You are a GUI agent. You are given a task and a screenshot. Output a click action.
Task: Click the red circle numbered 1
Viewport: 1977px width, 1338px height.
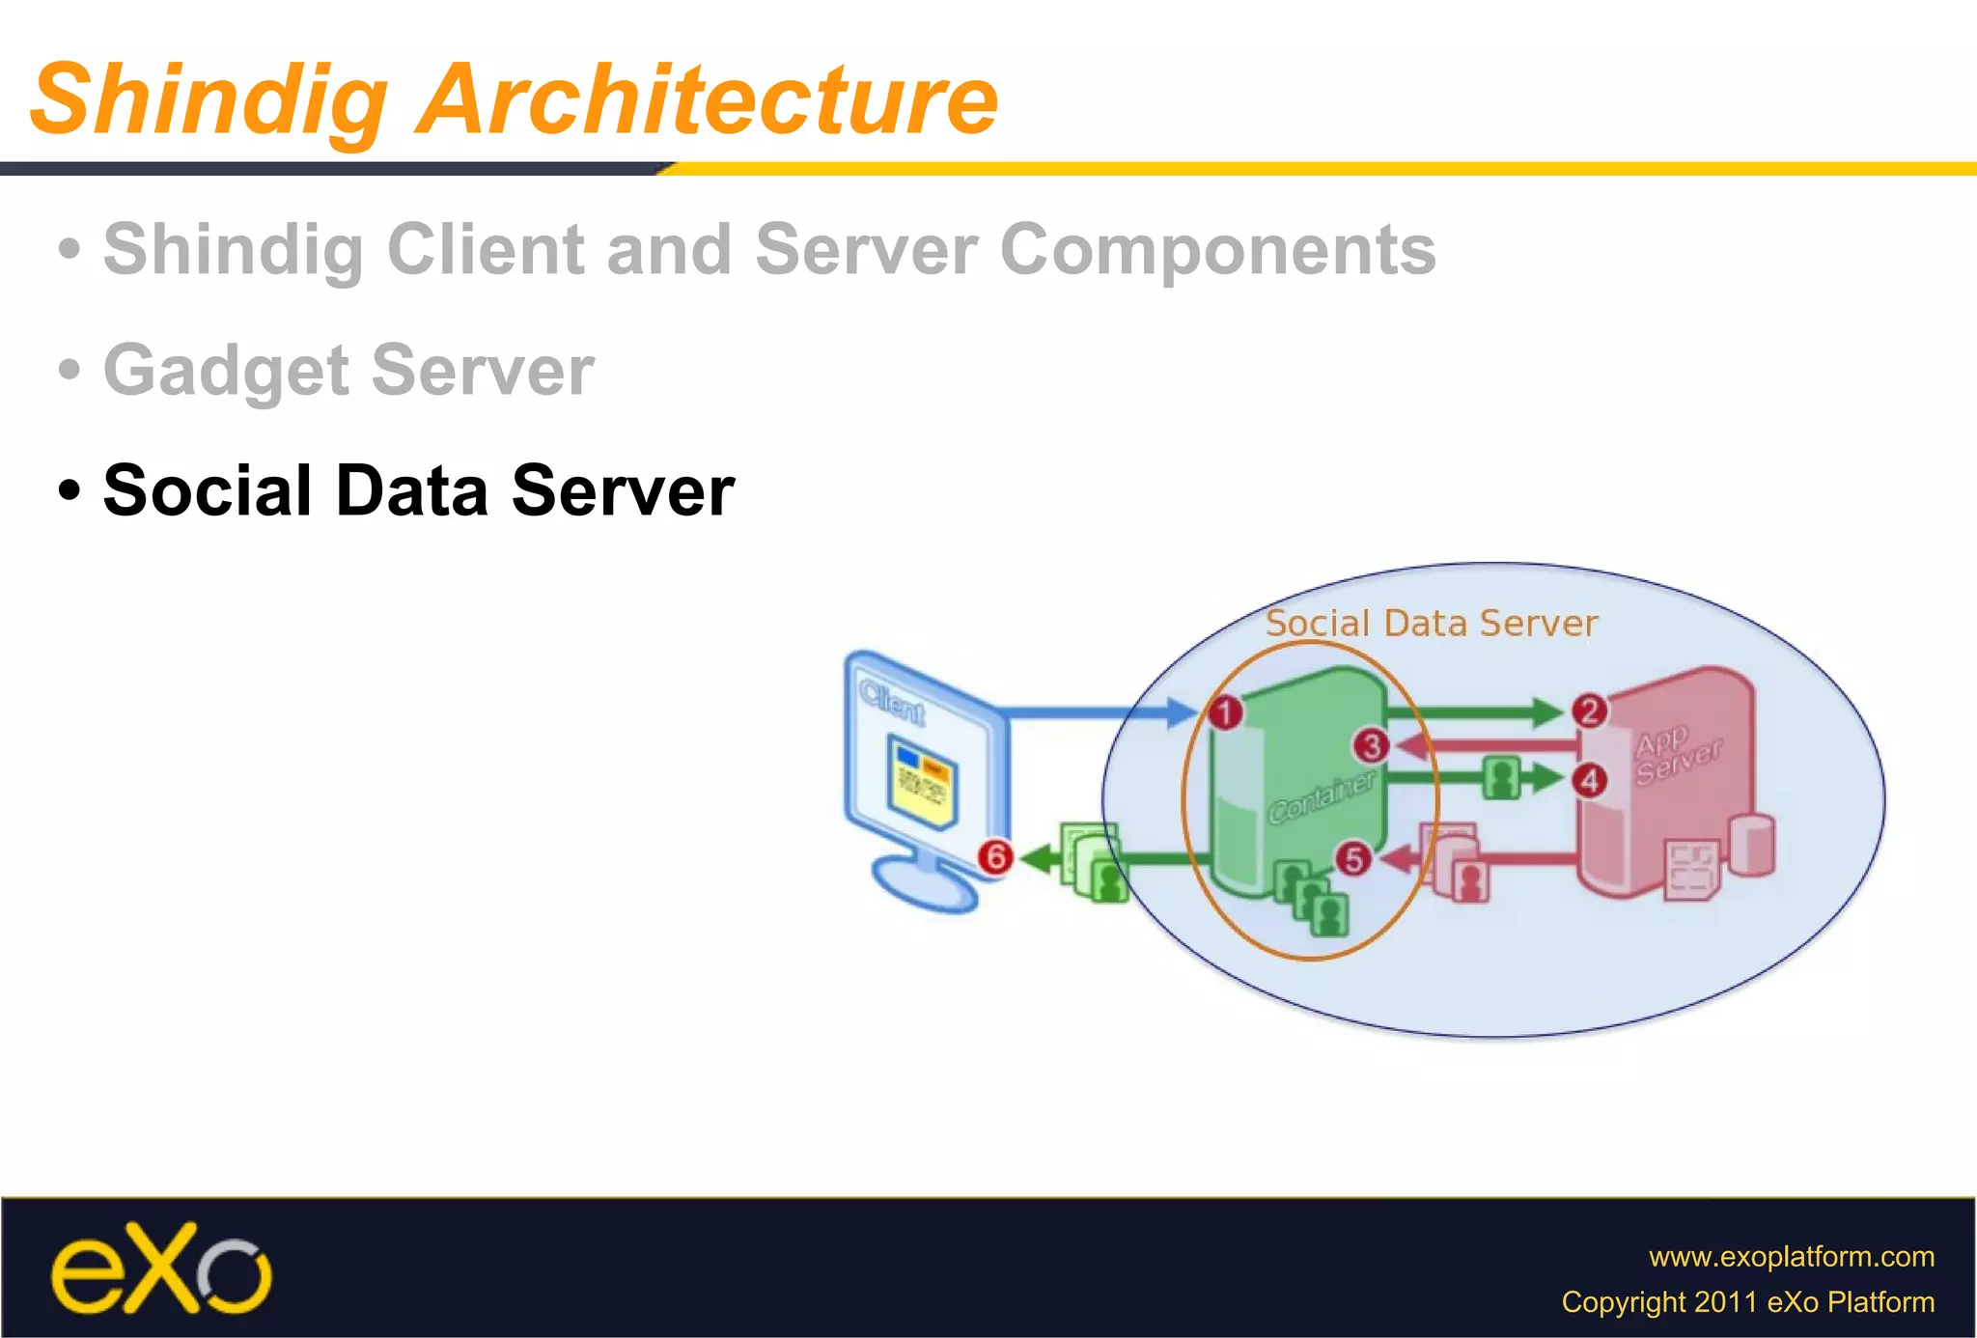(x=1225, y=713)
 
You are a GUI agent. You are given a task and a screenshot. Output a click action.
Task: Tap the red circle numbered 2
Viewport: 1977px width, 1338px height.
(x=1589, y=711)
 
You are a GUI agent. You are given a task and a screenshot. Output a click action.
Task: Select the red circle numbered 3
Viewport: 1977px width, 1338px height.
(x=1371, y=746)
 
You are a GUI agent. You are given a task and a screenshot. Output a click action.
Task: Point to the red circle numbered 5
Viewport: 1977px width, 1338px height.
(x=1353, y=858)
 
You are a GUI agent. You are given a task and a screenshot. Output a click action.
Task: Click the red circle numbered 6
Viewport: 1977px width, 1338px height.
(x=995, y=856)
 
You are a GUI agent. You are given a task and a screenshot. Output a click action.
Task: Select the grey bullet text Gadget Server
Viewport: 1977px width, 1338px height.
(x=348, y=370)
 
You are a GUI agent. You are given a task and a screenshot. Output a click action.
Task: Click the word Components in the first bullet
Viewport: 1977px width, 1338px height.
(x=1217, y=249)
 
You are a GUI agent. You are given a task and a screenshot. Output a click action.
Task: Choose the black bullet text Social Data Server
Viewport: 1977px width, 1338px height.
(x=418, y=490)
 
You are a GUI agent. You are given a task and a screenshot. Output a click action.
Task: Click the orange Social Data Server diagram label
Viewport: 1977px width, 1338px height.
(x=1431, y=624)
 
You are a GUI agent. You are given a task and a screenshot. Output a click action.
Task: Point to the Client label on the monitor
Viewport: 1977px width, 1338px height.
(x=892, y=702)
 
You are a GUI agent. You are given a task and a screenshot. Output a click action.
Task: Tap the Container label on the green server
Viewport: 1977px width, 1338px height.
(x=1322, y=796)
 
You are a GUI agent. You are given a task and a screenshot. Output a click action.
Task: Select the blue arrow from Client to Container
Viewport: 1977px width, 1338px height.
(x=1100, y=713)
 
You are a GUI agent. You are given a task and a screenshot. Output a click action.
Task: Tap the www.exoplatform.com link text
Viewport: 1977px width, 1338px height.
(x=1791, y=1256)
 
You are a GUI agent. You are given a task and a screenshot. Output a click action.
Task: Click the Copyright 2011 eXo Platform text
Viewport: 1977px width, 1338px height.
(x=1747, y=1301)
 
